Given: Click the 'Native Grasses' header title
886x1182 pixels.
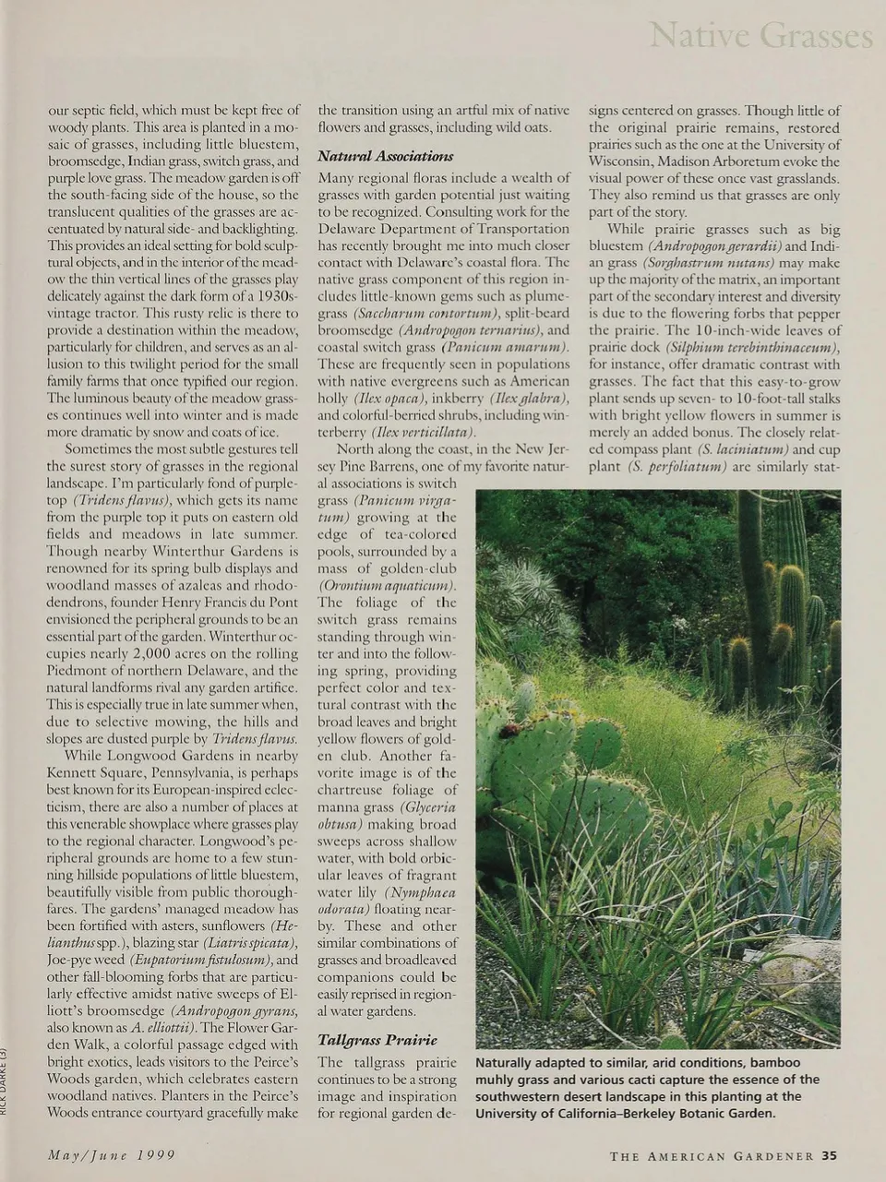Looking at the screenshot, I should click(761, 36).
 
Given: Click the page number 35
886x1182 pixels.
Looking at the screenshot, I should click(829, 1155).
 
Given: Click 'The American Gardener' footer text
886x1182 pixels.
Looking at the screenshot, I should click(712, 1156).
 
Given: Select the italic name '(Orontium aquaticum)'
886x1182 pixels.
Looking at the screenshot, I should click(388, 585).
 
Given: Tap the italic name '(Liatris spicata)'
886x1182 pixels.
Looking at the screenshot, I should click(251, 943).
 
